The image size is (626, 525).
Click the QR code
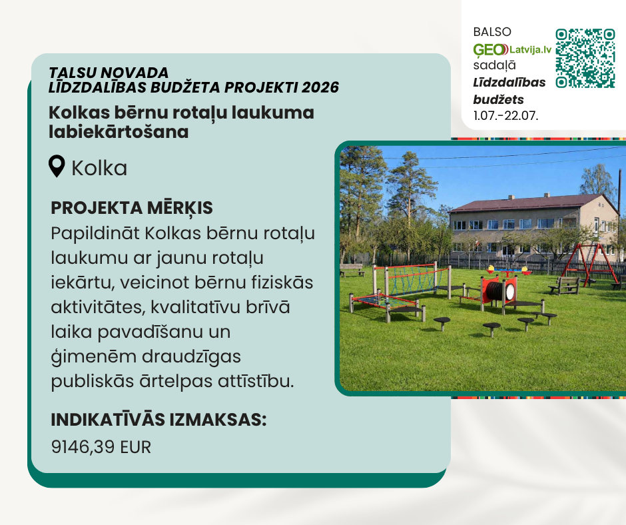click(x=585, y=58)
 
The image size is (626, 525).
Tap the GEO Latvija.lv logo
click(x=512, y=49)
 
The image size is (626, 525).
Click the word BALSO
click(x=492, y=32)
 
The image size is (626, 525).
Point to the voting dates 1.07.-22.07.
click(x=506, y=115)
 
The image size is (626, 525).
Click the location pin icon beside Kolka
click(x=57, y=166)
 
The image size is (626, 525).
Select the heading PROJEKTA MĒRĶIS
click(x=132, y=208)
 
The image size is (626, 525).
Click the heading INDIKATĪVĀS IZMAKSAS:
click(x=158, y=420)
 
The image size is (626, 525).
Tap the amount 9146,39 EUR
click(x=101, y=447)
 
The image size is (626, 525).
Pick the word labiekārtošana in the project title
click(x=119, y=132)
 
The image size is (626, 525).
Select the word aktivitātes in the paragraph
click(x=98, y=307)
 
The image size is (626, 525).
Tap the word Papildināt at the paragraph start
click(x=95, y=233)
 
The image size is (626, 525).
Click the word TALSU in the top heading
click(x=73, y=73)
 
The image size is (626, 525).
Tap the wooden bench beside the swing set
click(x=565, y=285)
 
